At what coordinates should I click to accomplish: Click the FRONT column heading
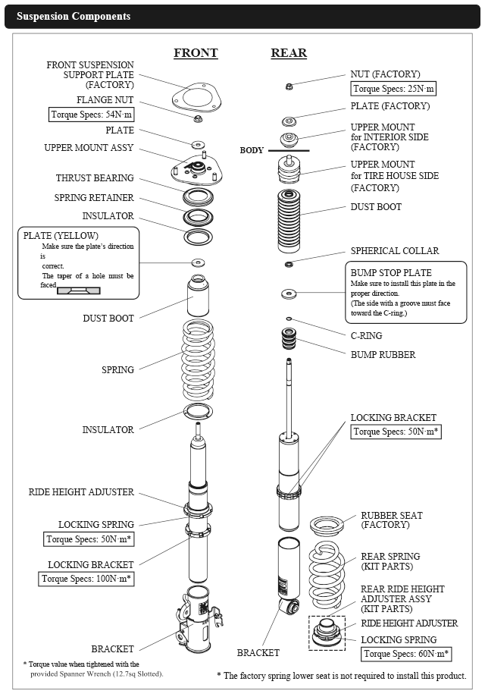(196, 52)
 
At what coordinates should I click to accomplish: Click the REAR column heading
(289, 52)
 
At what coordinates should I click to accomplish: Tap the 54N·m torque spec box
(91, 115)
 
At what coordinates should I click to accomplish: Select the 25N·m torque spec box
(393, 89)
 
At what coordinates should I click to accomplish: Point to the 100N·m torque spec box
(86, 579)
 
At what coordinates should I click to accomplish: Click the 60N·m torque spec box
(406, 654)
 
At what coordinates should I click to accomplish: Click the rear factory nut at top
(289, 86)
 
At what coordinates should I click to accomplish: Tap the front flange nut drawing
(198, 118)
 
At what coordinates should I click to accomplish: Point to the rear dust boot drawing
(289, 221)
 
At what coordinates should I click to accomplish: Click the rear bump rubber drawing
(289, 339)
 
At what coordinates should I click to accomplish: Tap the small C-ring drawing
(289, 319)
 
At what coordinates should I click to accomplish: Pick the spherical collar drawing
(289, 264)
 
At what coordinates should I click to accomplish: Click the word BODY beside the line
(252, 150)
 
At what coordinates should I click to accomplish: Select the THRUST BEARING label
(95, 178)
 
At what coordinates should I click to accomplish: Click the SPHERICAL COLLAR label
(395, 251)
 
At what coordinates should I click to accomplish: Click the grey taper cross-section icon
(79, 290)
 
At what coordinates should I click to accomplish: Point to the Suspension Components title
(74, 17)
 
